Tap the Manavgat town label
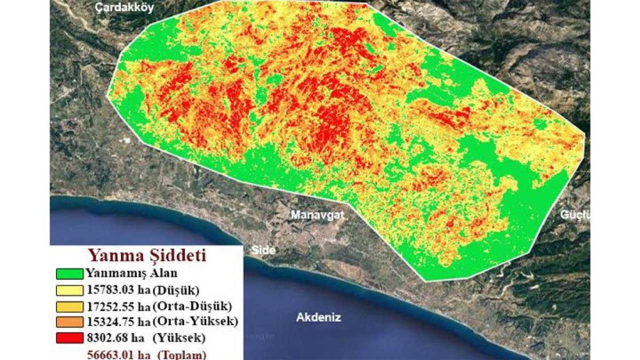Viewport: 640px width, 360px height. [318, 215]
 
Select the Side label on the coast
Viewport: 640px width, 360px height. [262, 251]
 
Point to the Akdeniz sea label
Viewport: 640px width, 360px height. [318, 317]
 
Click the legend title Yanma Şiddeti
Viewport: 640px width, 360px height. [147, 254]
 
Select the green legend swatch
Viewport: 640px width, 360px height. [69, 274]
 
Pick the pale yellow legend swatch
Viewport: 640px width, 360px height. [69, 291]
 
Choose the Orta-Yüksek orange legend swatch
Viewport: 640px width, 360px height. [69, 322]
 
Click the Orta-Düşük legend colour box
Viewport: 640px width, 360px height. [69, 307]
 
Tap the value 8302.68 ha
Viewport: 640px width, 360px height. [113, 338]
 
